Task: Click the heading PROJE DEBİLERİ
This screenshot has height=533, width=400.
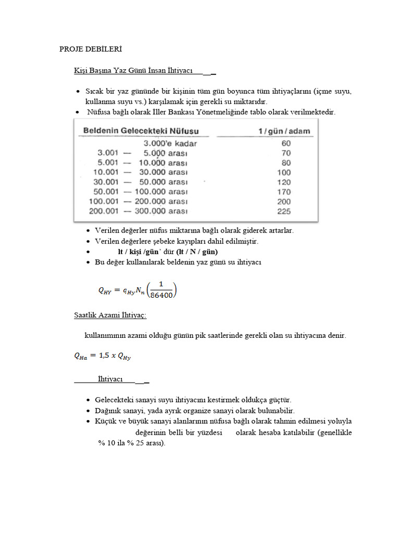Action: point(91,49)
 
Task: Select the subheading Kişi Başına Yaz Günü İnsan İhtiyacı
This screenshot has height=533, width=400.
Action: point(133,70)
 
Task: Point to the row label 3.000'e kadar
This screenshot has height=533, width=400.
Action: point(170,144)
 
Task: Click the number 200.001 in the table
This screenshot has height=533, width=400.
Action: point(103,211)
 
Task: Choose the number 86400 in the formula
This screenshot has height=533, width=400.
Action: point(161,295)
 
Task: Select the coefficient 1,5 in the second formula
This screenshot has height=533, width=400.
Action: point(104,356)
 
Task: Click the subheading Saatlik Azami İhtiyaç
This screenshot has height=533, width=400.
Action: point(110,315)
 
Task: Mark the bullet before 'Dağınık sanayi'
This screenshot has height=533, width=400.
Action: point(88,411)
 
